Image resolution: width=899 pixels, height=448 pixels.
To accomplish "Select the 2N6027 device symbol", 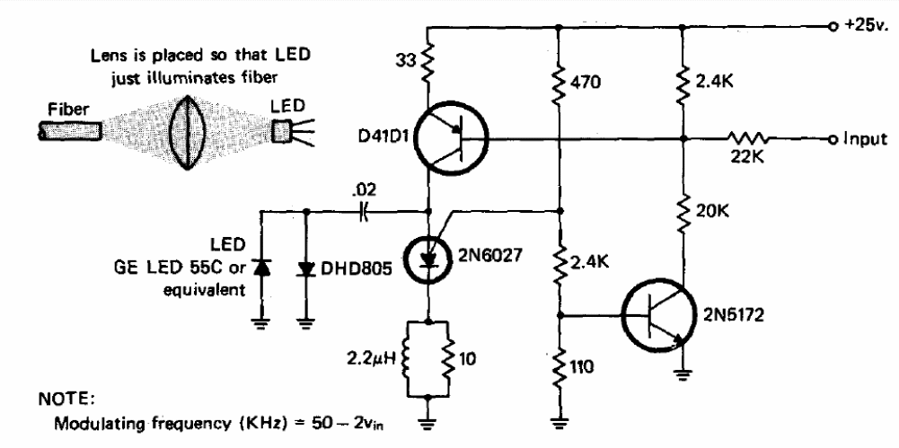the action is click(427, 259).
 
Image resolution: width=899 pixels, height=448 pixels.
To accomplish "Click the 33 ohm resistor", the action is click(427, 60).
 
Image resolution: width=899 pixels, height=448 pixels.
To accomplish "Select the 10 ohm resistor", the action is click(449, 359).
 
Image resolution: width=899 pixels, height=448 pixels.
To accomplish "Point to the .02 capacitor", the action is click(363, 211).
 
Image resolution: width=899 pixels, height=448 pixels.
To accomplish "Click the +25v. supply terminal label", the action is click(863, 26).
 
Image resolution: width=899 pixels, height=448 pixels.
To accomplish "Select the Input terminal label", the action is click(865, 138).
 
